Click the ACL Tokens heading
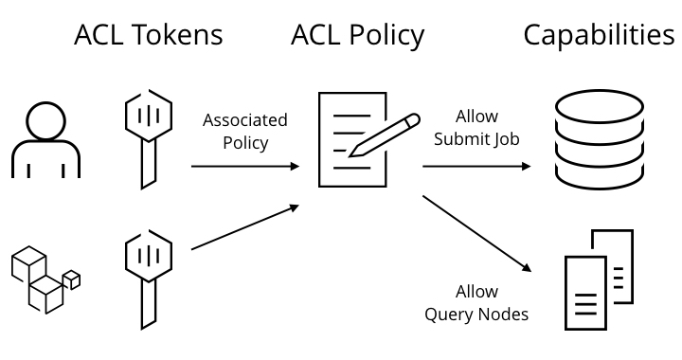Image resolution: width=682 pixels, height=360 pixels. coord(149,35)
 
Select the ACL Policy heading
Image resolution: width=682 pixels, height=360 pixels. coord(357,36)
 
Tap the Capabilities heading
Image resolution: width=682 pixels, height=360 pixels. coord(599,36)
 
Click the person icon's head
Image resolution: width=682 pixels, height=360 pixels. coord(45,121)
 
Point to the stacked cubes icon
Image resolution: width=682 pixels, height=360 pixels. coord(45,279)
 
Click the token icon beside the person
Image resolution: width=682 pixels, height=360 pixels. coord(149,139)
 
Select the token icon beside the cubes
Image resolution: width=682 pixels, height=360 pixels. coord(149,279)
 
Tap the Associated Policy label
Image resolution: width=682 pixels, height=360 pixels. coord(245,132)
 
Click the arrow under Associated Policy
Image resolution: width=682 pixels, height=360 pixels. coord(245,166)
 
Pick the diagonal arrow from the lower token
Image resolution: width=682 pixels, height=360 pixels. coord(245,227)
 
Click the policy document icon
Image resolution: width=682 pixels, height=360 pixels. coord(352,139)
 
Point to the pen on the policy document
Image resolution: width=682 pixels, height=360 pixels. coord(385,135)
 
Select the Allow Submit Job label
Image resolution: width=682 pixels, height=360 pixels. coord(476,128)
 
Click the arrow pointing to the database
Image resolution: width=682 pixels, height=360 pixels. coord(476,166)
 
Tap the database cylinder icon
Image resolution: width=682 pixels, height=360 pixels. coord(600,139)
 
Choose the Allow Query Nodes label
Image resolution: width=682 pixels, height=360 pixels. coord(476,303)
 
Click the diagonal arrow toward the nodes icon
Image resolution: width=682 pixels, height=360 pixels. coord(477,234)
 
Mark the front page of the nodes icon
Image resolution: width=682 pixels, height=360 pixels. coord(585,293)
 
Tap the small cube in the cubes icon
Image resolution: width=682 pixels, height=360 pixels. coord(72,280)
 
